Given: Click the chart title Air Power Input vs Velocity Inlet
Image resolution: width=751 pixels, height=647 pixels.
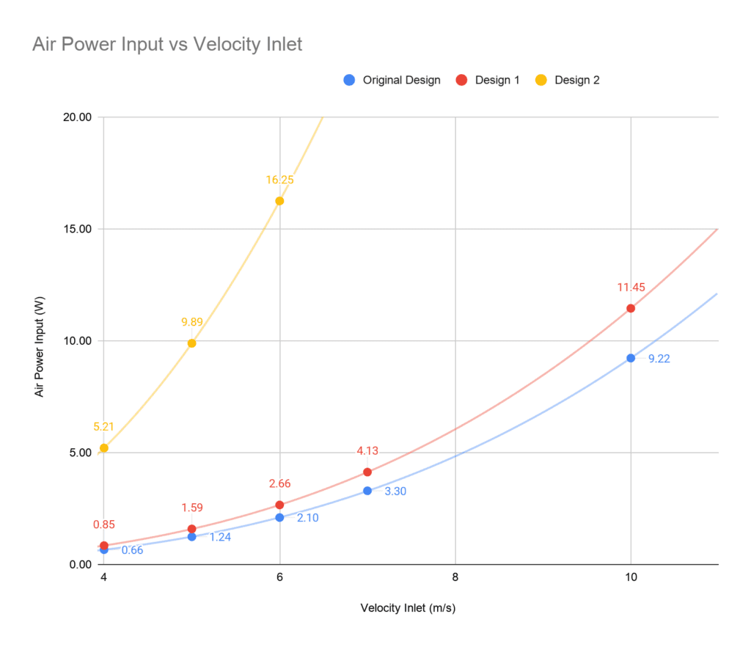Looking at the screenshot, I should [167, 45].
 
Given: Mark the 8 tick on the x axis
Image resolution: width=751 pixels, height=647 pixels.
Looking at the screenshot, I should [455, 578].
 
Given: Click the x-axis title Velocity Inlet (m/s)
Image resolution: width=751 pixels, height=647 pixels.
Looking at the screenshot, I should [409, 608].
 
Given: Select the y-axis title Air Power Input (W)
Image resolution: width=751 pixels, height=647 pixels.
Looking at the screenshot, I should [40, 340].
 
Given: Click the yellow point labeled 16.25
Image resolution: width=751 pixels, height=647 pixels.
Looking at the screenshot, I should [279, 201].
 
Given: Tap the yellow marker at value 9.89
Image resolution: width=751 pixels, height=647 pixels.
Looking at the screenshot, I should [191, 343].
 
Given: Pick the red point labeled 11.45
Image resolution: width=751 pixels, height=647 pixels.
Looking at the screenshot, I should [631, 308].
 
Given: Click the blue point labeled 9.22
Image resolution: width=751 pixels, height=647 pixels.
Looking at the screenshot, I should [631, 358].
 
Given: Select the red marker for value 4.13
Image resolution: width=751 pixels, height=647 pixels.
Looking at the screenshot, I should [367, 472].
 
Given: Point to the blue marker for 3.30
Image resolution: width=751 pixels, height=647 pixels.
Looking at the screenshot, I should [367, 491].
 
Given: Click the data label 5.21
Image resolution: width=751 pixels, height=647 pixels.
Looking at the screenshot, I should [103, 427].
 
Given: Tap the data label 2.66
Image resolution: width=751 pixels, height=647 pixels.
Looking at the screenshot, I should [279, 483].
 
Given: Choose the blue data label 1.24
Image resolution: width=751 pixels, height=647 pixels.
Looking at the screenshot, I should [221, 537].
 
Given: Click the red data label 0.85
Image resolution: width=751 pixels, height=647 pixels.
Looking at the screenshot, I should [103, 524].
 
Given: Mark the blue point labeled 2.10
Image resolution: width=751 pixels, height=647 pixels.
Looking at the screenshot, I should [279, 517].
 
